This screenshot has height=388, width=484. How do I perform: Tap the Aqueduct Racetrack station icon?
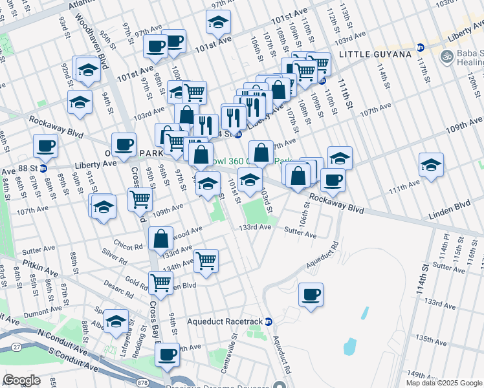[269, 321]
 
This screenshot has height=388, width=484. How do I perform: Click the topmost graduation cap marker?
[219, 23]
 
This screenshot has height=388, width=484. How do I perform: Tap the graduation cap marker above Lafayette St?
[116, 321]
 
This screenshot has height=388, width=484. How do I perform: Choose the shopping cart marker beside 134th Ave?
[206, 261]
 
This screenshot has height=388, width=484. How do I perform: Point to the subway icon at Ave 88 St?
[43, 169]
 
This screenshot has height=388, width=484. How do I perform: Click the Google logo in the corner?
[21, 380]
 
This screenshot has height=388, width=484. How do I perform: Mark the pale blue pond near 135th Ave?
[349, 347]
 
